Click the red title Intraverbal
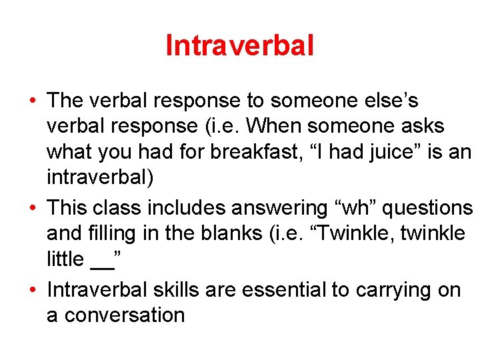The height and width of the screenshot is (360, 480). pyautogui.click(x=239, y=45)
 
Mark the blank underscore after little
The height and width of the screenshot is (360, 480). pyautogui.click(x=101, y=261)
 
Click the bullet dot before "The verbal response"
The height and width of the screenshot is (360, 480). pyautogui.click(x=33, y=101)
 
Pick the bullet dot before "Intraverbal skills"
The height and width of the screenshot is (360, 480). pyautogui.click(x=33, y=291)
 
